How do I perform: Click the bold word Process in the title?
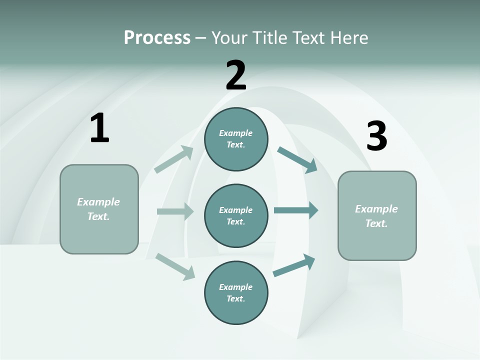[x=157, y=37]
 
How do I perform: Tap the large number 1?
[x=99, y=128]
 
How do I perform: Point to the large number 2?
[x=236, y=75]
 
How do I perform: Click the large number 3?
[x=376, y=136]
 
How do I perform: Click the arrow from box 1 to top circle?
[x=174, y=159]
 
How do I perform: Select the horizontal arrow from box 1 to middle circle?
[x=175, y=211]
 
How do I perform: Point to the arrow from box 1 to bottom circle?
[x=175, y=266]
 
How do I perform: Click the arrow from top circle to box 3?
[x=297, y=159]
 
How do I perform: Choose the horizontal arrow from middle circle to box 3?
[x=296, y=210]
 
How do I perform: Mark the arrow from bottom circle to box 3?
[x=294, y=265]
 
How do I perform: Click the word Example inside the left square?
[x=98, y=202]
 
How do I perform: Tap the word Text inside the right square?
[x=376, y=223]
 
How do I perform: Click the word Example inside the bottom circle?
[x=235, y=287]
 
